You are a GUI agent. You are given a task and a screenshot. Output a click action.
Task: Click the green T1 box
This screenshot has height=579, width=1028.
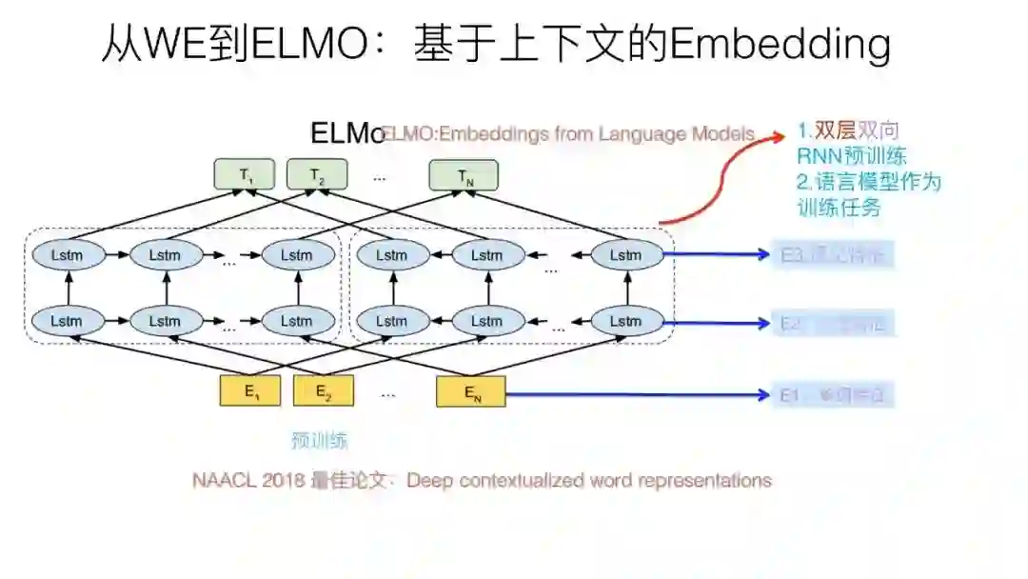[x=246, y=175]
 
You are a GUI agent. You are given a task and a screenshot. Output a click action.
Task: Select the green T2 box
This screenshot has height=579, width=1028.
[x=317, y=175]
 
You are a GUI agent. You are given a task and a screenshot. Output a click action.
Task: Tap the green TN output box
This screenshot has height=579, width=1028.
[x=465, y=175]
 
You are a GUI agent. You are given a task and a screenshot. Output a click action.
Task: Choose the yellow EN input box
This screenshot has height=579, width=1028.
[x=471, y=391]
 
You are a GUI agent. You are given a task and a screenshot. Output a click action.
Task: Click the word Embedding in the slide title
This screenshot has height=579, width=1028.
[x=781, y=45]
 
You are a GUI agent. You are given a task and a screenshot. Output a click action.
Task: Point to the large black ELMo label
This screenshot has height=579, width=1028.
[x=347, y=133]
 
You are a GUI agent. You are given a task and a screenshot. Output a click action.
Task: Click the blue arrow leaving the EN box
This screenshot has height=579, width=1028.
[x=638, y=393]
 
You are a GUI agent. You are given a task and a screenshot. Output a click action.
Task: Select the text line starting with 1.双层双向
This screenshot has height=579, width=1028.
[x=848, y=131]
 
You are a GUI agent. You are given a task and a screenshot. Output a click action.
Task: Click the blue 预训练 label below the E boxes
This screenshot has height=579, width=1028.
[x=320, y=441]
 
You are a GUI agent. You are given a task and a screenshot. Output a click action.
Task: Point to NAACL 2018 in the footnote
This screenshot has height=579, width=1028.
[x=249, y=480]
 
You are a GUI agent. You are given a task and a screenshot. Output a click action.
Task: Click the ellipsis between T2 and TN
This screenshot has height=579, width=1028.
[x=380, y=176]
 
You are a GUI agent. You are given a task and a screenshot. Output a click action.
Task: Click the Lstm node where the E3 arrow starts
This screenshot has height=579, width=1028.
[x=625, y=254]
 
